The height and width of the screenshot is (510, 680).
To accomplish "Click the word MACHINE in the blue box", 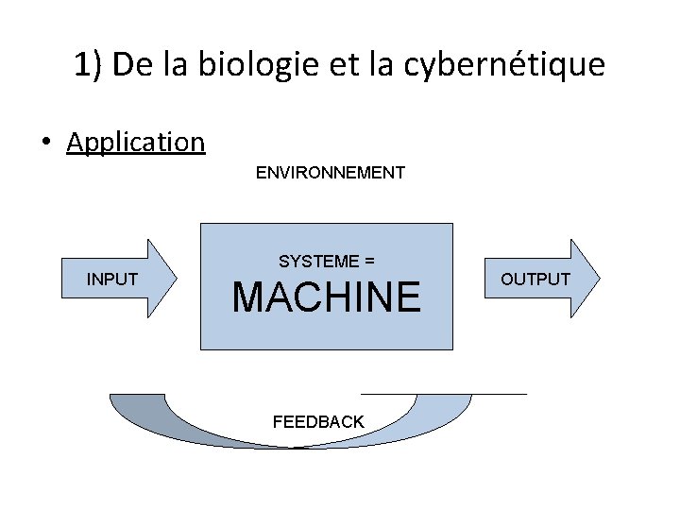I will (x=326, y=297).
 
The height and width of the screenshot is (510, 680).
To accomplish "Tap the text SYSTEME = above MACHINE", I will (x=326, y=261).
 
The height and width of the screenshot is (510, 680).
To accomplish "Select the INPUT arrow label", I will (x=112, y=279).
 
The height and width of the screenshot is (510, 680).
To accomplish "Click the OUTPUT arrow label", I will (x=535, y=279).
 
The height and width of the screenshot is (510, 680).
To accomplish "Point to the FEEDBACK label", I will (x=318, y=422).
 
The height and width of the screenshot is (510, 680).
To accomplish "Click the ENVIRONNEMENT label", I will (x=330, y=173).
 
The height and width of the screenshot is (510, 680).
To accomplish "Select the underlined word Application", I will (x=136, y=142).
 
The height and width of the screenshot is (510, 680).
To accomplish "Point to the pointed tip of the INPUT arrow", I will (x=175, y=278).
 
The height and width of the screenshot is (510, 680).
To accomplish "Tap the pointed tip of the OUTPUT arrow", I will (x=598, y=278).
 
